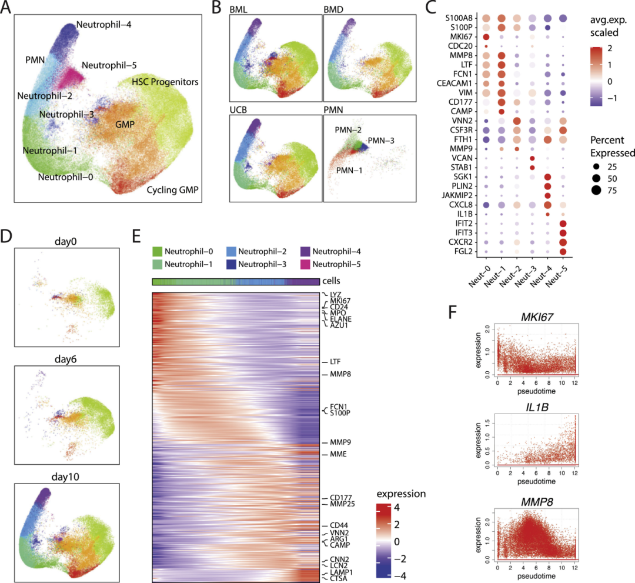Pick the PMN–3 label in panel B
(382, 141)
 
